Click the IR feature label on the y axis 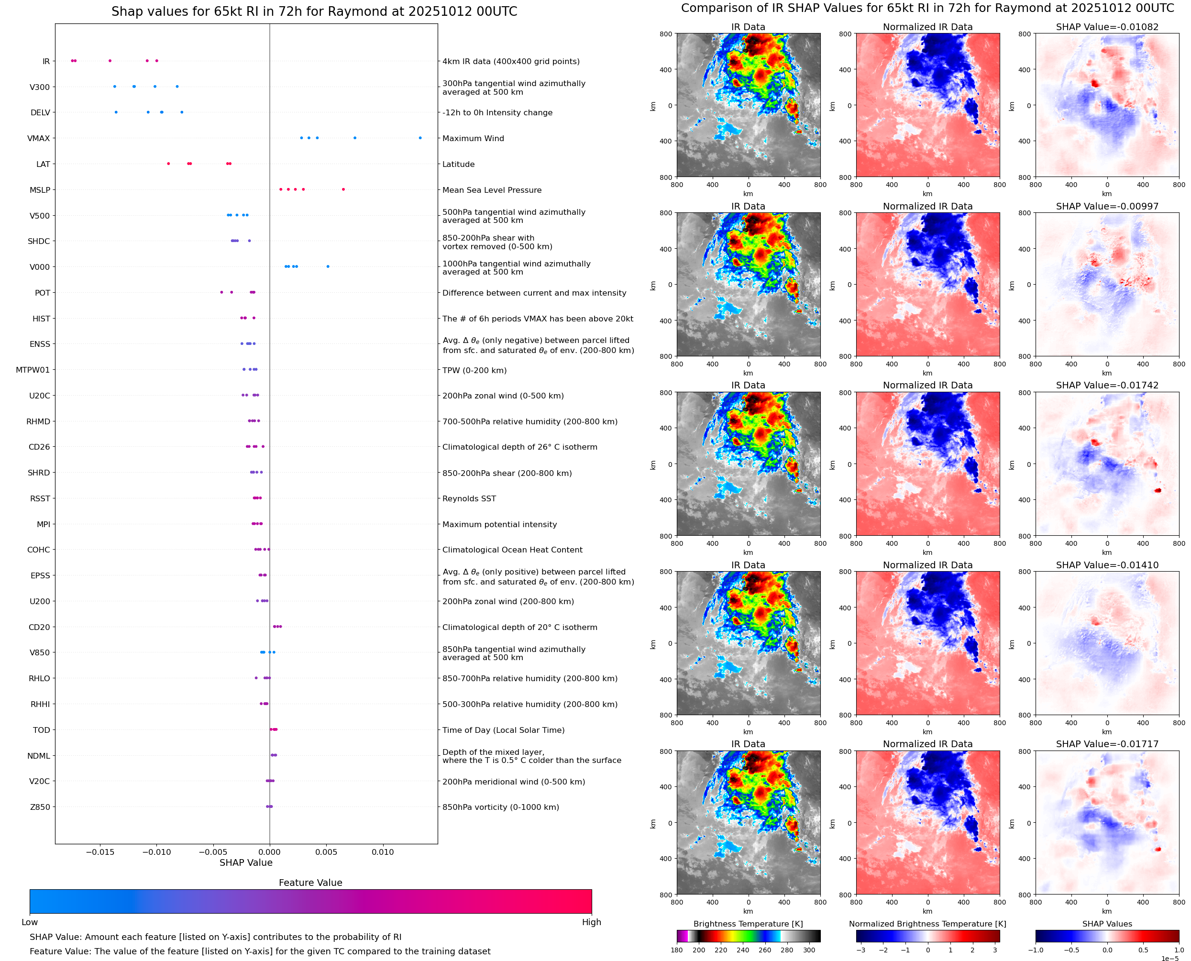tap(46, 61)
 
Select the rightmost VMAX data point tap(420, 138)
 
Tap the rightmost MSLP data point tap(343, 189)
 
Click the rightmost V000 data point tap(328, 266)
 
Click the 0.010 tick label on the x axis tap(383, 852)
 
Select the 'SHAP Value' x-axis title tap(246, 862)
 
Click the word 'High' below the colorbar tap(591, 922)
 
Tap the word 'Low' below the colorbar tap(29, 922)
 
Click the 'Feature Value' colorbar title tap(310, 883)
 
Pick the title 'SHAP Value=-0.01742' tap(1107, 385)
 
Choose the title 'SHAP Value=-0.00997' tap(1107, 207)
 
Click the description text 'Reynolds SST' tap(469, 499)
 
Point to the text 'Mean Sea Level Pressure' tap(491, 190)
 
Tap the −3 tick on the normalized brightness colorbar tap(860, 950)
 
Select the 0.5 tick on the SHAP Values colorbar tap(1143, 950)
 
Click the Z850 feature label tap(40, 807)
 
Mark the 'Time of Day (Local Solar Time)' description tap(503, 730)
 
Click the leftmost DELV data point tap(116, 112)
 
